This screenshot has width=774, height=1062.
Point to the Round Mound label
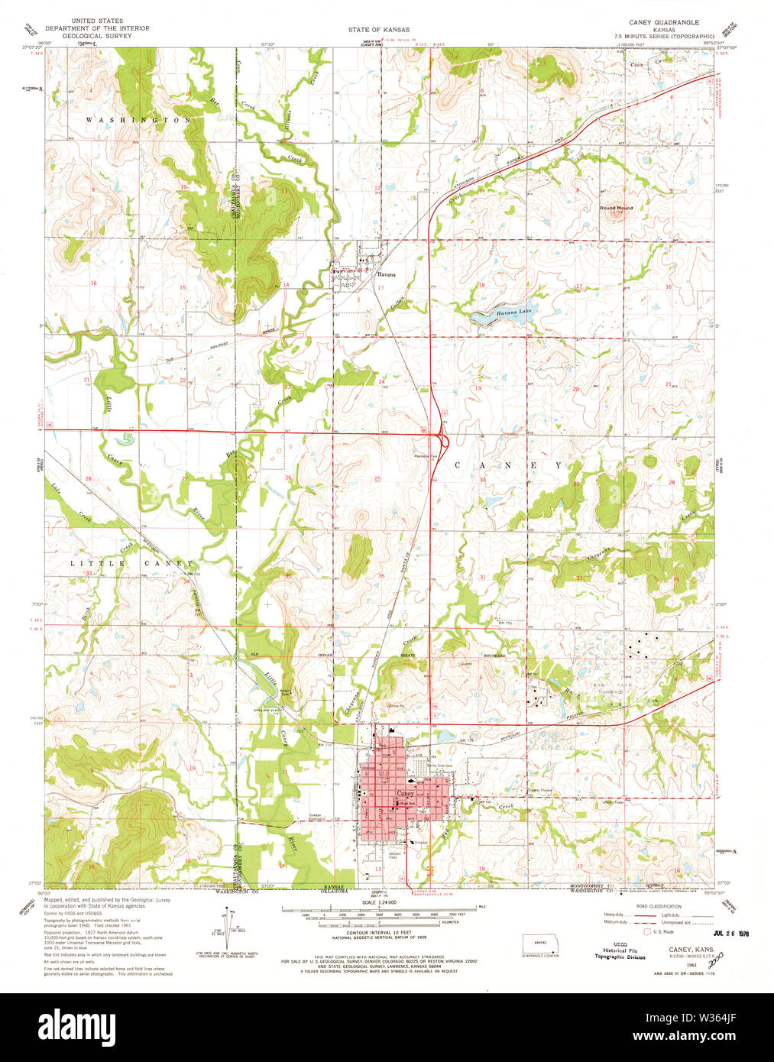tap(616, 208)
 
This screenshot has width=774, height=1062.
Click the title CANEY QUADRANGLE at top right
tap(663, 22)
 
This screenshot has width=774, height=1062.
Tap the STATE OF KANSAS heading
tap(378, 30)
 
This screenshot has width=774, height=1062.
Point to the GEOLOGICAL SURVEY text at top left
tap(97, 35)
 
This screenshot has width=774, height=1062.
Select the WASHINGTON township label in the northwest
tap(138, 121)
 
